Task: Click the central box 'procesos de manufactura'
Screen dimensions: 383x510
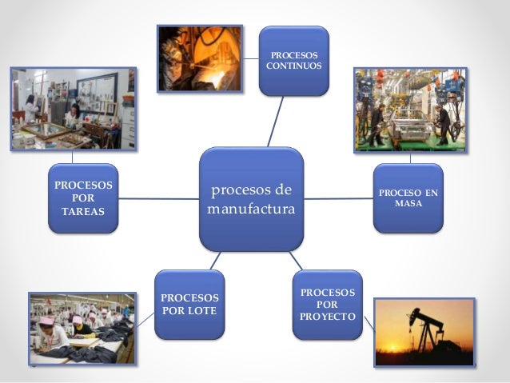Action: [251, 198]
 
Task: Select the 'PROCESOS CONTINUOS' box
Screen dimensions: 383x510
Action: [293, 61]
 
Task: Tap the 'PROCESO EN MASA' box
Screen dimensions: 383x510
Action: [408, 198]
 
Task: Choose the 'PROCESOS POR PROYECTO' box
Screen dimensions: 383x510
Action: [328, 305]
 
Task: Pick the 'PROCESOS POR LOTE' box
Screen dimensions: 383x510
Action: [189, 304]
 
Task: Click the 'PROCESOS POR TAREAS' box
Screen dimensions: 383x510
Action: [83, 197]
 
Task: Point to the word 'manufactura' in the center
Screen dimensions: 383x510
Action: [251, 209]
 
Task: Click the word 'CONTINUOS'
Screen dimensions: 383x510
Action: [294, 66]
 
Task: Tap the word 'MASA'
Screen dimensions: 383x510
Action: [408, 205]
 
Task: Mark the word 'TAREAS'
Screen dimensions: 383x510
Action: [83, 210]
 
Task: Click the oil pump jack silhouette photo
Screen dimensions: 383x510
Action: [424, 331]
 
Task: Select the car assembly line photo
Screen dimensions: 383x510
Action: [410, 109]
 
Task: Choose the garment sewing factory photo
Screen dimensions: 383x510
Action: [82, 329]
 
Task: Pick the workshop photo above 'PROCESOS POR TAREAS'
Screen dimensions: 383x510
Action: [72, 109]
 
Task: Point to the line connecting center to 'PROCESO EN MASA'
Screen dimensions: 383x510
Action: [339, 198]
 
